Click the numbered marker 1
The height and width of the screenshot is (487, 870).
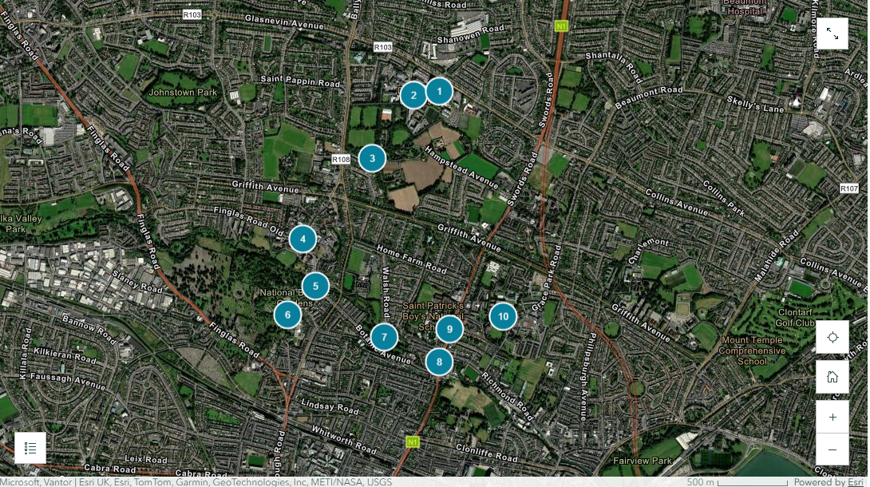(x=439, y=92)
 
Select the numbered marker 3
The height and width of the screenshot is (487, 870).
(x=372, y=158)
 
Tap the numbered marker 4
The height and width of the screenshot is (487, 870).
(x=303, y=239)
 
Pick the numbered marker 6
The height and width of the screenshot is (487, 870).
(x=287, y=315)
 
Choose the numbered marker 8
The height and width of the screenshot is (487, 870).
(x=439, y=362)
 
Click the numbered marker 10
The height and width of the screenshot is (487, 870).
(x=503, y=316)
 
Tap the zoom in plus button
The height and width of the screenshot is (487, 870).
(x=832, y=417)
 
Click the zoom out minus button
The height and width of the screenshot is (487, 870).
(x=832, y=449)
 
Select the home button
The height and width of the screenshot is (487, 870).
(x=832, y=377)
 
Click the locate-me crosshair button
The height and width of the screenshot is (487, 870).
(x=832, y=337)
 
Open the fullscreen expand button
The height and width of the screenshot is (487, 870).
(x=832, y=34)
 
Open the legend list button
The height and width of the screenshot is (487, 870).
(x=30, y=448)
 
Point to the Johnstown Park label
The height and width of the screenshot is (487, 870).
(x=183, y=93)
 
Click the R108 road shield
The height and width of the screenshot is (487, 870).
(x=341, y=160)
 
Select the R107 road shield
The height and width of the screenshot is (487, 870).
(x=849, y=188)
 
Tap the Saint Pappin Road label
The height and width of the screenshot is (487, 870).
(x=300, y=81)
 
